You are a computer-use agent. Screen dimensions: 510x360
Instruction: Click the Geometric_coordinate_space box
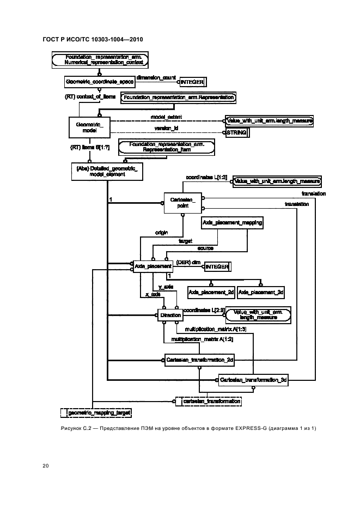pos(99,81)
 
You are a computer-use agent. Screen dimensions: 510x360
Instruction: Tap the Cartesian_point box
pos(183,204)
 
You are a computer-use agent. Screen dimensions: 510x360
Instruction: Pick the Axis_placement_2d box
pos(211,293)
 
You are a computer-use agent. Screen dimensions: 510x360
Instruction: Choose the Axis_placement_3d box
pos(261,293)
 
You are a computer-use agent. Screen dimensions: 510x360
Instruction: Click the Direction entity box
pos(170,315)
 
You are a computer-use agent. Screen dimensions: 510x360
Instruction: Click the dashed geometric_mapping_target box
pos(97,414)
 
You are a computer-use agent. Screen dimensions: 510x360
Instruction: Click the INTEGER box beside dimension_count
pos(192,82)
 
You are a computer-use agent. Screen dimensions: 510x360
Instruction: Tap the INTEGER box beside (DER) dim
pos(217,266)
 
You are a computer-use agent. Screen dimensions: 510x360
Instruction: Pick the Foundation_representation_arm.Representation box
pos(178,98)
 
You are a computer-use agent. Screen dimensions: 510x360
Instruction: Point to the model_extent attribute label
pos(167,117)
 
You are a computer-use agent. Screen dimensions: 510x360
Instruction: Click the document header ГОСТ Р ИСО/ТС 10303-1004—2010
pos(93,40)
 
